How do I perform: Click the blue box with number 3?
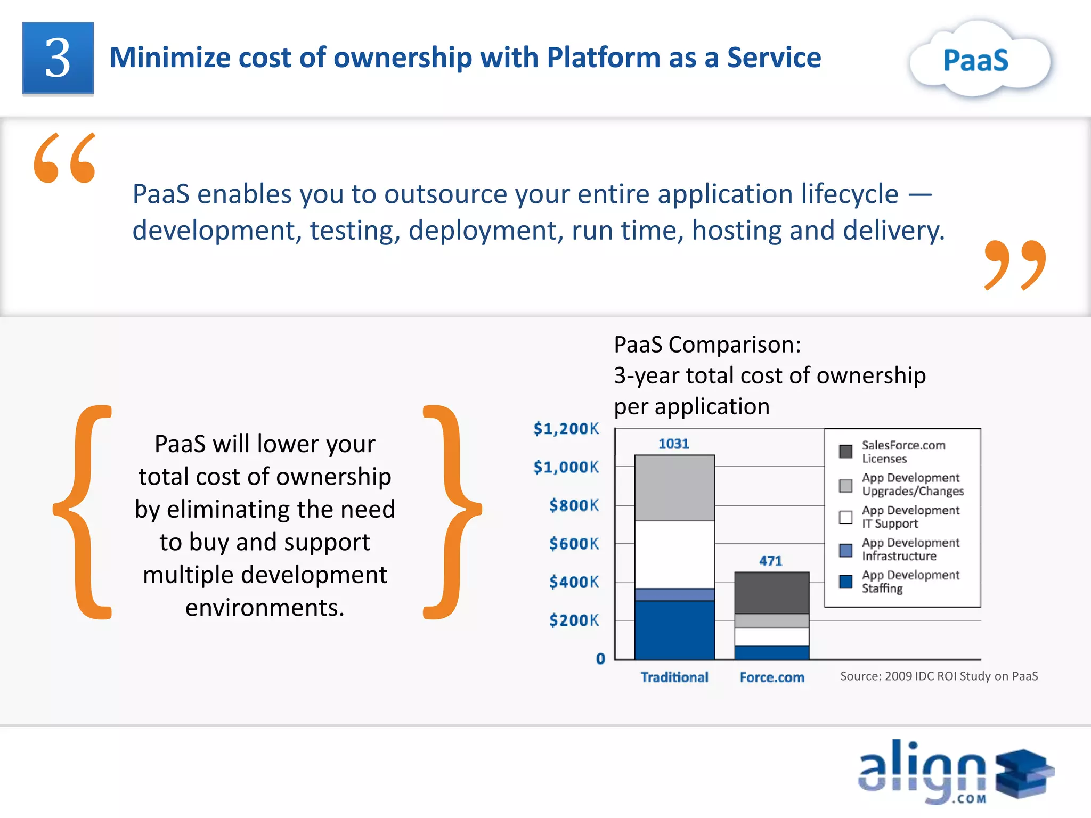(x=58, y=58)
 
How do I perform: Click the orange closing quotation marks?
(x=1015, y=265)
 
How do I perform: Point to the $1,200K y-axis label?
(x=566, y=429)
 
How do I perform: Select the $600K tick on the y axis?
(x=574, y=544)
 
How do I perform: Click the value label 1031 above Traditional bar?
(x=674, y=444)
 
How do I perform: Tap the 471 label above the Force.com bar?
(x=770, y=561)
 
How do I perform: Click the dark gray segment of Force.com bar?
(x=771, y=593)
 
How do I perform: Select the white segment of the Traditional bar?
(x=674, y=554)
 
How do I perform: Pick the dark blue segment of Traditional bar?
(x=674, y=629)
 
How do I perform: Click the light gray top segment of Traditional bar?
(x=674, y=488)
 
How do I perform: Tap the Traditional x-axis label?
(x=674, y=677)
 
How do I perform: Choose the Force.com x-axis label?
(x=772, y=677)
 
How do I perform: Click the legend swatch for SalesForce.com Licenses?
(x=845, y=452)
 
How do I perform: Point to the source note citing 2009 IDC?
(x=939, y=676)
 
